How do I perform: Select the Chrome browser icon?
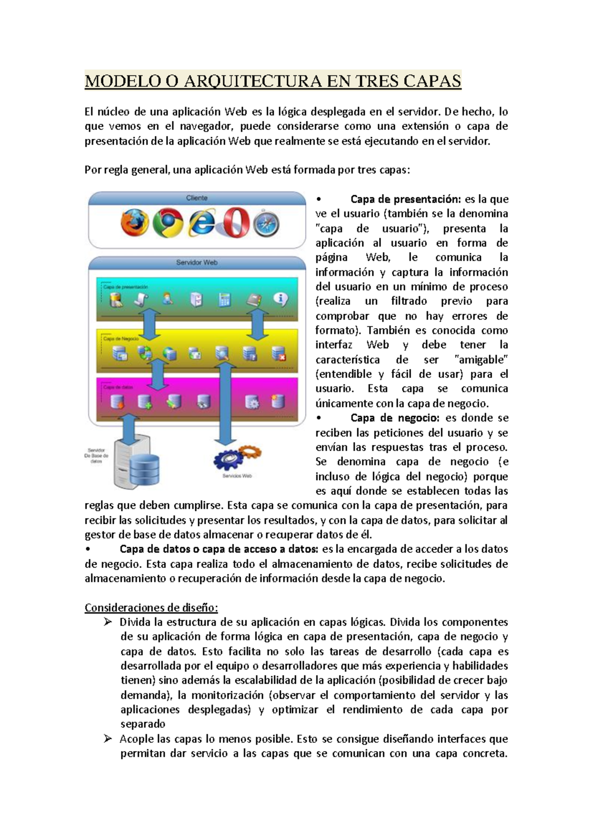[x=168, y=223]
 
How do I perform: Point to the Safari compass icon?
[x=267, y=224]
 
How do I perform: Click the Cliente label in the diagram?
[x=197, y=198]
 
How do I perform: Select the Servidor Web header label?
[x=197, y=262]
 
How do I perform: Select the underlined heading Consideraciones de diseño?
[x=151, y=607]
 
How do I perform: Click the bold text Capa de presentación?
[x=405, y=199]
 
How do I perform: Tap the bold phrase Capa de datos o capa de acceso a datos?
[x=219, y=549]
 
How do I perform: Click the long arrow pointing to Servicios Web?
[x=225, y=403]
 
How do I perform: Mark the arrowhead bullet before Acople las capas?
[x=108, y=739]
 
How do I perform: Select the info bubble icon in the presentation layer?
[x=280, y=299]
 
